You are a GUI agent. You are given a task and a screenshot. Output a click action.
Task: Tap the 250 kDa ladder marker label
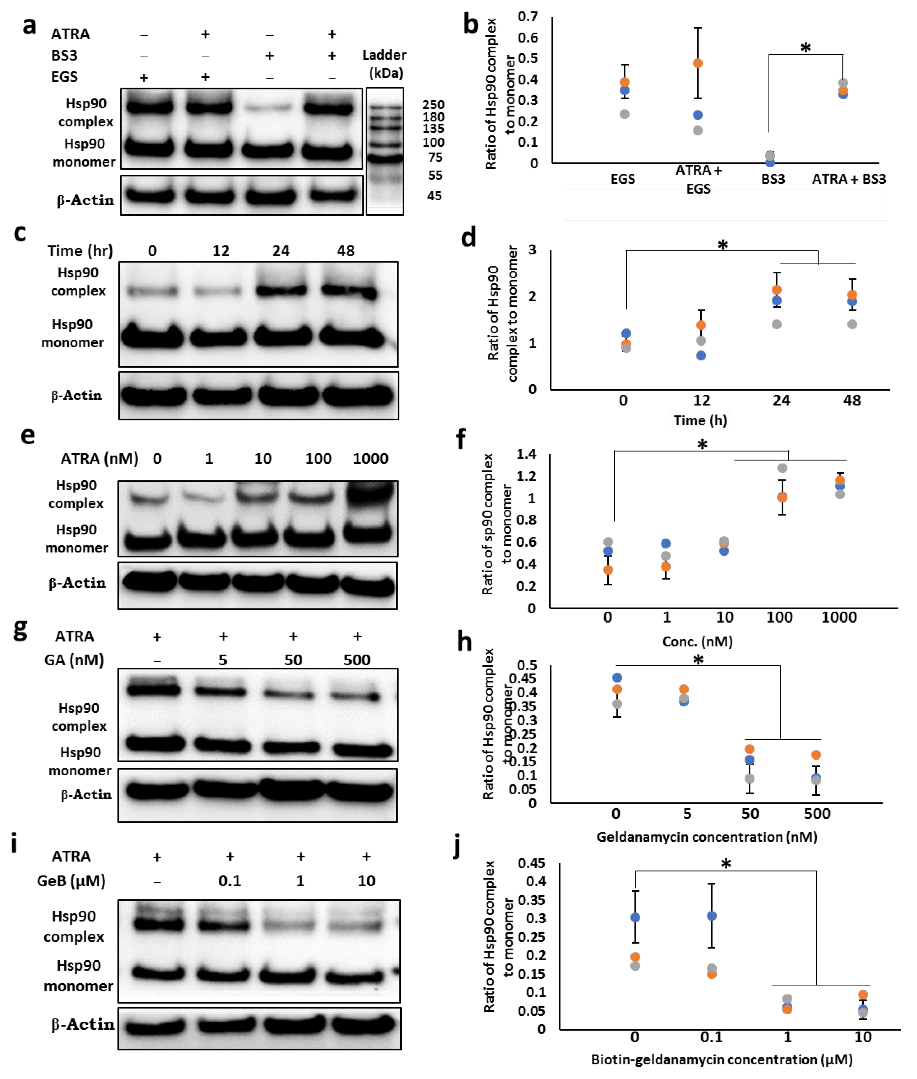pos(433,105)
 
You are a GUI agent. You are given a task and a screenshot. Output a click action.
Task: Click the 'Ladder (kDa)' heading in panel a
pos(384,63)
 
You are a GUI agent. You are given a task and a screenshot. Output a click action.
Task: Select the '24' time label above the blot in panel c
pos(281,251)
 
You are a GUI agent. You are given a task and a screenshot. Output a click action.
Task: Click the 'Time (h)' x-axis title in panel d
pos(700,420)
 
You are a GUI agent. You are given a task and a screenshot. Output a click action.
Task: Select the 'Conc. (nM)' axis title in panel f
pos(697,642)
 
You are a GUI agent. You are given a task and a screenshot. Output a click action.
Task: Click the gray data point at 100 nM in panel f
pos(782,468)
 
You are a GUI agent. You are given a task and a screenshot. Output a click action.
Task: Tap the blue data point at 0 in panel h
pos(617,678)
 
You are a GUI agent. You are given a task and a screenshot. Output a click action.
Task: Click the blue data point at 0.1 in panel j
pos(711,916)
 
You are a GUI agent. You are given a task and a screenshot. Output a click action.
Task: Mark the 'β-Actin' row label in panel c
pos(76,395)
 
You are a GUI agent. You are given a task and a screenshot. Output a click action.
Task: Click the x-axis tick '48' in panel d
pos(852,400)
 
